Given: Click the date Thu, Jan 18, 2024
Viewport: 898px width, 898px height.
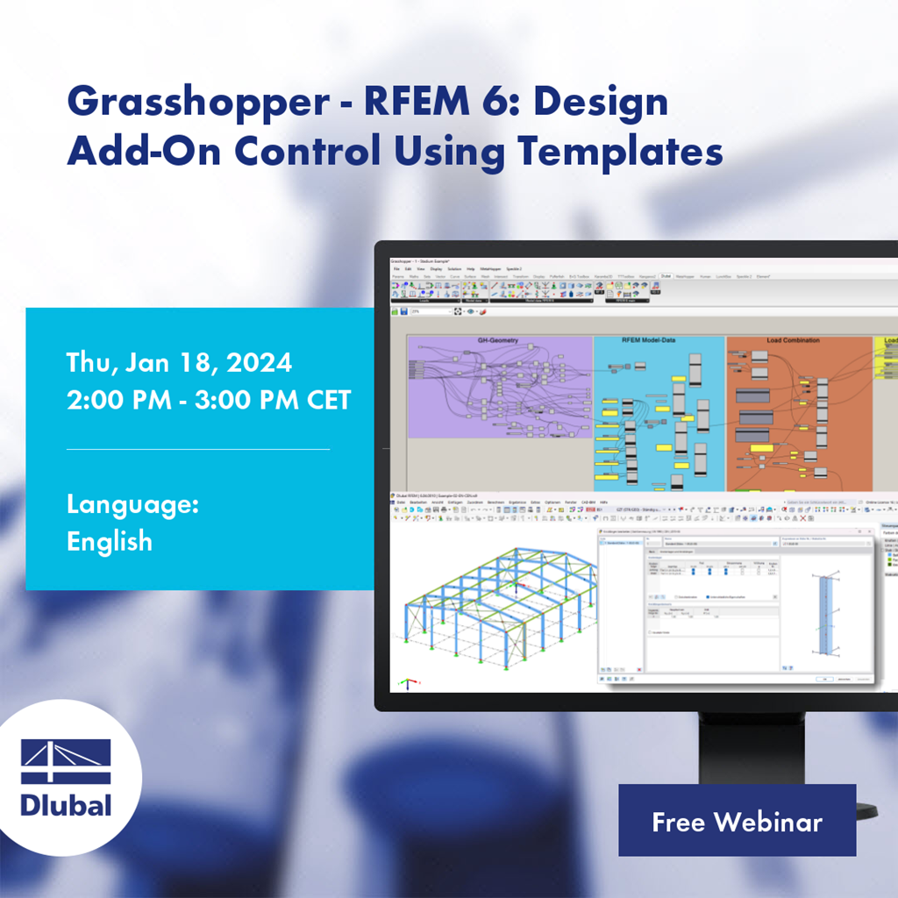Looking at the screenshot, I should pyautogui.click(x=180, y=362).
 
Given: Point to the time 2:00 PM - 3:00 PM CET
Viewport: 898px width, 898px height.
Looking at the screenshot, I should pyautogui.click(x=209, y=400).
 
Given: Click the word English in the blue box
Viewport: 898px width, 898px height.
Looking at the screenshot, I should pyautogui.click(x=110, y=541).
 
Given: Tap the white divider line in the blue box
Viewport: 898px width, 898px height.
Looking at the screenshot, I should pyautogui.click(x=198, y=449).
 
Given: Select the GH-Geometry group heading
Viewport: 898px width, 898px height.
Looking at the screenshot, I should pyautogui.click(x=498, y=340).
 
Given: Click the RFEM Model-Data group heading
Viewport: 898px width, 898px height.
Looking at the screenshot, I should pyautogui.click(x=658, y=340).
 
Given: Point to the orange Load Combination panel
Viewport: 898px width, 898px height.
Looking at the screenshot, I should pyautogui.click(x=798, y=412).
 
